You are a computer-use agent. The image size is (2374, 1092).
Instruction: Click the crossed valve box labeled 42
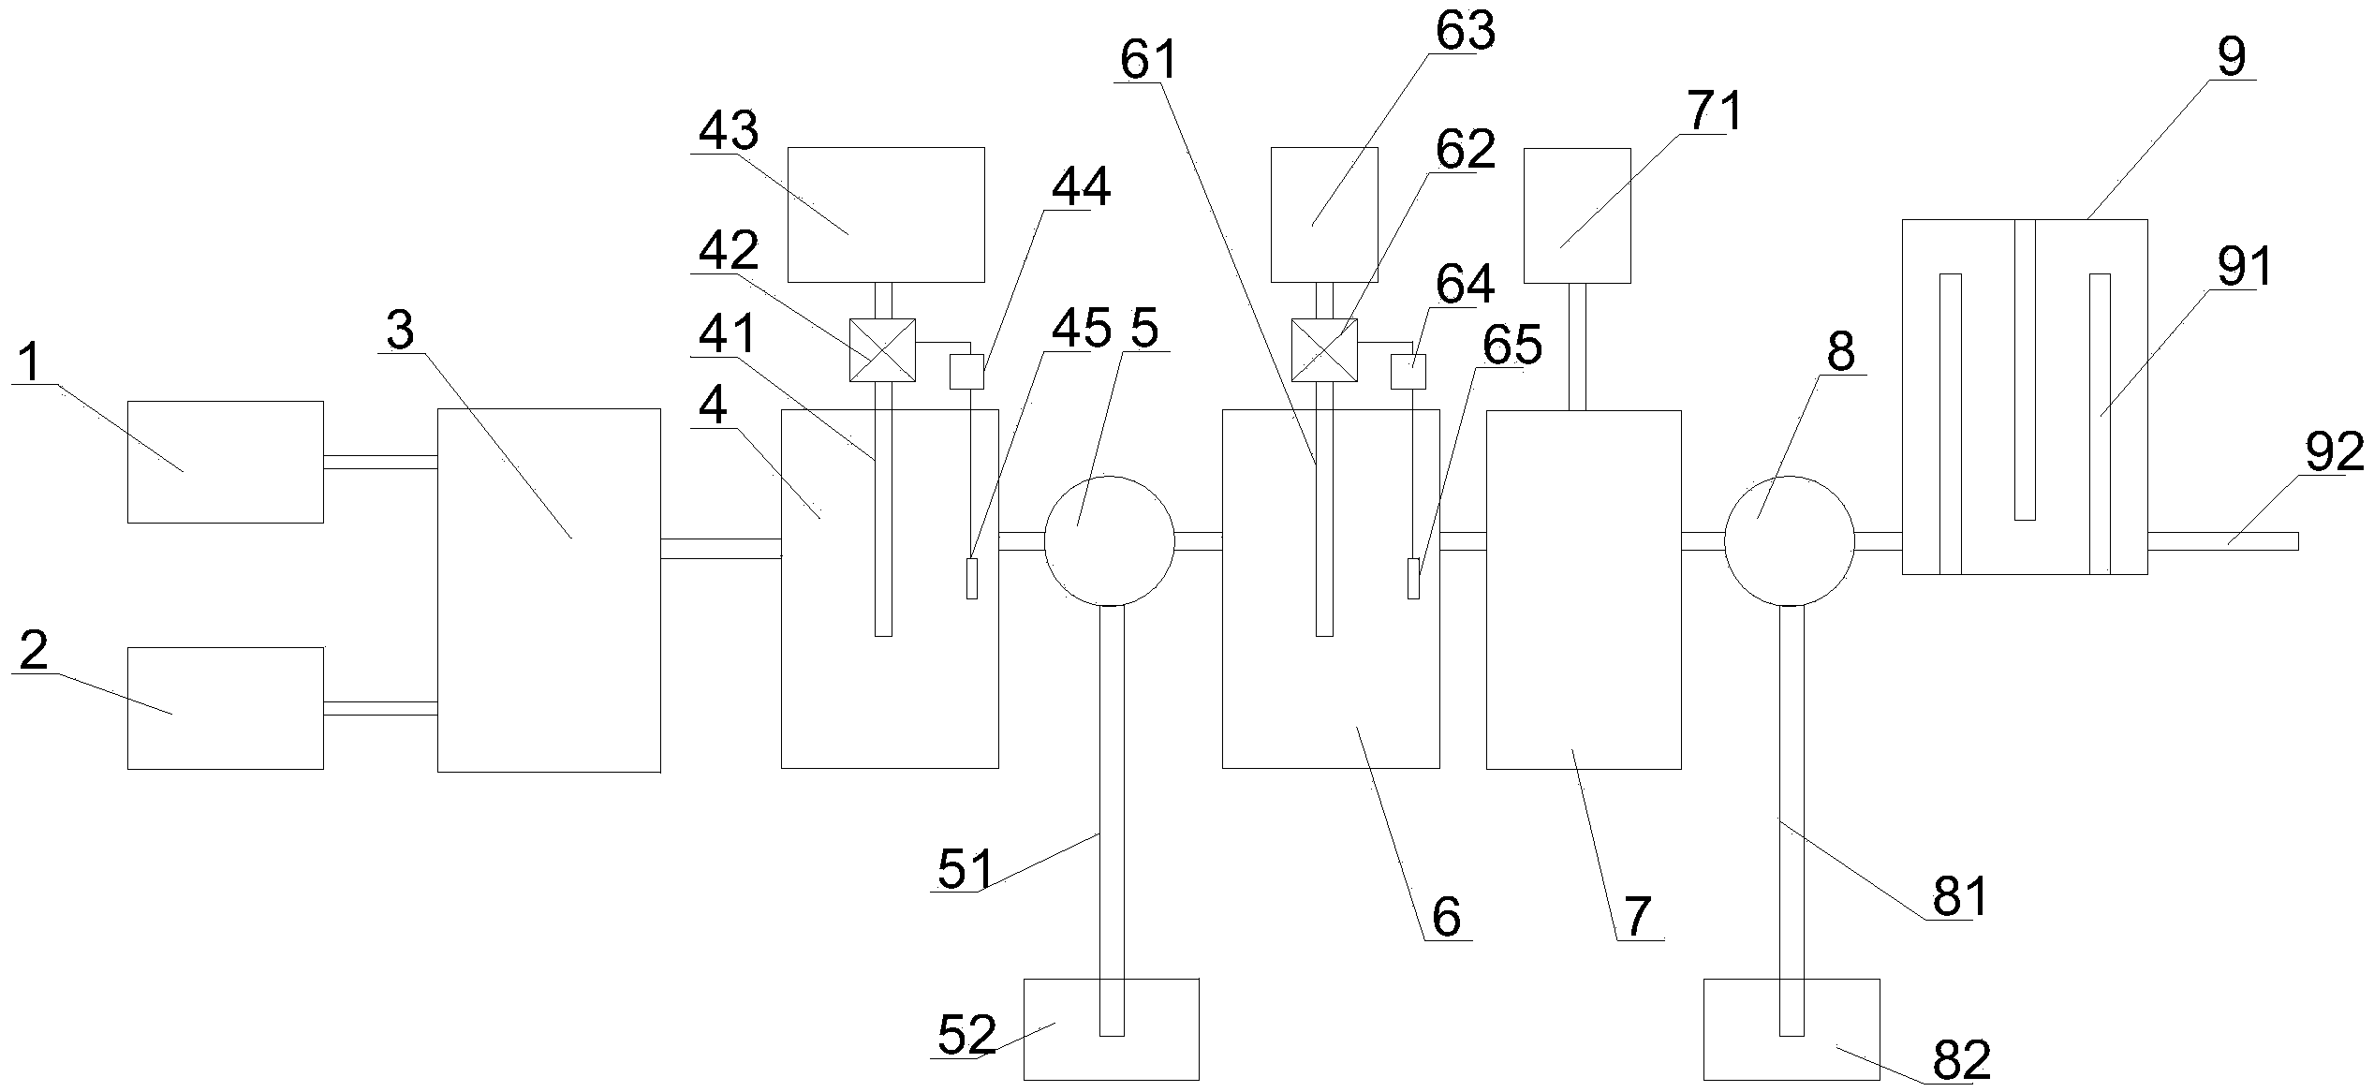pyautogui.click(x=882, y=350)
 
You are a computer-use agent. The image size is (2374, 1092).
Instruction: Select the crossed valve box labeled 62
pyautogui.click(x=1324, y=350)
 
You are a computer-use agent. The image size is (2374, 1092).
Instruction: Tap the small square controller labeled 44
pyautogui.click(x=967, y=372)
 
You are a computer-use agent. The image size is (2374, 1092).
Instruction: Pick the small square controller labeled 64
pyautogui.click(x=1408, y=372)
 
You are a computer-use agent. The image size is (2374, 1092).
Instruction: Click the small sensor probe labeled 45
pyautogui.click(x=972, y=578)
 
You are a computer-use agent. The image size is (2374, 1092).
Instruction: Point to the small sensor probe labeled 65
pyautogui.click(x=1414, y=578)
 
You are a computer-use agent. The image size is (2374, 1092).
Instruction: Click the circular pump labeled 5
pyautogui.click(x=1109, y=540)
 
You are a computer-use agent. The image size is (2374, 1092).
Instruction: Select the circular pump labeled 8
pyautogui.click(x=1790, y=540)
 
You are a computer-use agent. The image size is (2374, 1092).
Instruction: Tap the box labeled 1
pyautogui.click(x=226, y=462)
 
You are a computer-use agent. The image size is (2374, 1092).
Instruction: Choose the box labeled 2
pyautogui.click(x=226, y=708)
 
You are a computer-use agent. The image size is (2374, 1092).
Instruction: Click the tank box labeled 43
pyautogui.click(x=886, y=214)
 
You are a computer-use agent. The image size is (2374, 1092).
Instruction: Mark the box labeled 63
pyautogui.click(x=1324, y=214)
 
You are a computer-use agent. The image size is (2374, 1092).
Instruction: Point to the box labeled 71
pyautogui.click(x=1578, y=215)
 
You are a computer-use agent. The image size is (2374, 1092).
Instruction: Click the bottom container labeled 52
pyautogui.click(x=1112, y=1029)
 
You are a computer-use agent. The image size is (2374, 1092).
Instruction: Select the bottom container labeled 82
pyautogui.click(x=1792, y=1029)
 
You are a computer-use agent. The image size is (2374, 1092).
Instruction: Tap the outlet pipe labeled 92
pyautogui.click(x=2223, y=540)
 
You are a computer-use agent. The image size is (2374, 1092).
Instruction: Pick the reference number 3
pyautogui.click(x=400, y=331)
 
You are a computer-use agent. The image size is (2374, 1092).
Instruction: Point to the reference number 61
pyautogui.click(x=1148, y=61)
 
